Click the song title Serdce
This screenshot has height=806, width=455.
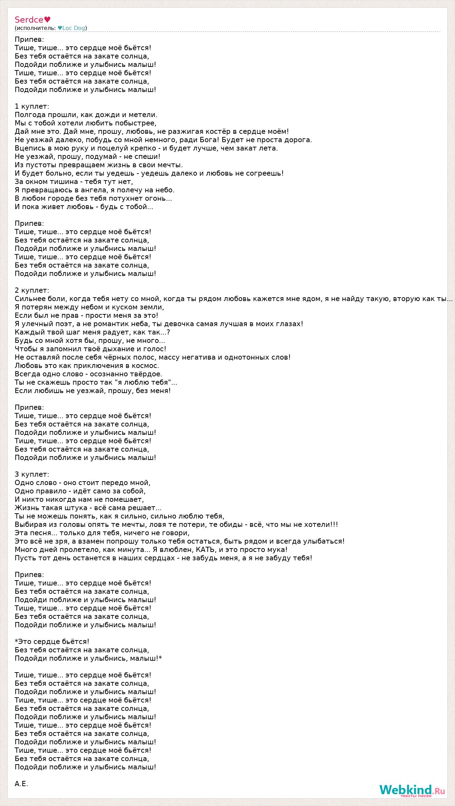click(29, 20)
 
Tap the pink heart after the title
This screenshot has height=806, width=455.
click(47, 20)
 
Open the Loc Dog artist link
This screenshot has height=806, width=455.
click(74, 28)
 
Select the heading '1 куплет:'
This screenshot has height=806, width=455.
click(32, 106)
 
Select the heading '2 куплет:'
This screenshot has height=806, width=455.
click(32, 290)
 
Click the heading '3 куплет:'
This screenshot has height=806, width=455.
click(32, 474)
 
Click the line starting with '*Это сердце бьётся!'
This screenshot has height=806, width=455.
click(52, 642)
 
